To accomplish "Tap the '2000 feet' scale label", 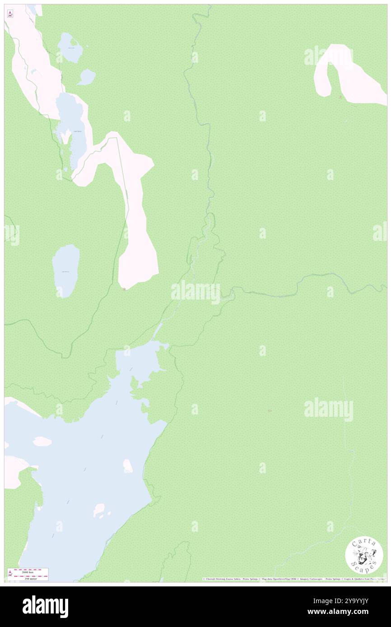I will (28, 572).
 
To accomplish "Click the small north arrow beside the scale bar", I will (10, 574).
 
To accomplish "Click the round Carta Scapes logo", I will (364, 556).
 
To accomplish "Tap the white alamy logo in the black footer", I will (45, 607).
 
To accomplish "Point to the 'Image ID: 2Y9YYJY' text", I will (341, 600).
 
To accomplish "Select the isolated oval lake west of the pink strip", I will (66, 271).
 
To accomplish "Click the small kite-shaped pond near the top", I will (86, 78).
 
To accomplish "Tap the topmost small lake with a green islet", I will (70, 47).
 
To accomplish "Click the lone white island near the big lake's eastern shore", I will (128, 466).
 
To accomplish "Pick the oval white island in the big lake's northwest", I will (42, 441).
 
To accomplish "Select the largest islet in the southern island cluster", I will (99, 511).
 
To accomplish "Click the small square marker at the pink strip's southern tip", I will (125, 289).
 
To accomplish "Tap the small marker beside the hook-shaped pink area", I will (340, 97).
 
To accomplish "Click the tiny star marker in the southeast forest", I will (270, 410).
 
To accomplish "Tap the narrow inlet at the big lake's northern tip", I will (158, 330).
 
